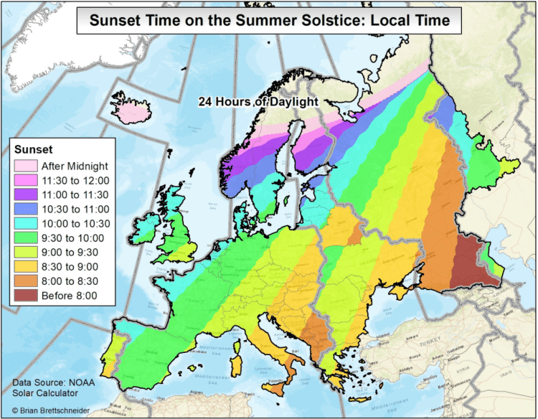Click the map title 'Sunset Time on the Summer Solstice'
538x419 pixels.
tap(269, 20)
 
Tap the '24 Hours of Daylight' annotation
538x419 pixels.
tap(258, 102)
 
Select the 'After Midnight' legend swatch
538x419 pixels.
tap(25, 166)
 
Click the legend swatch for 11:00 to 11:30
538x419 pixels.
tap(25, 194)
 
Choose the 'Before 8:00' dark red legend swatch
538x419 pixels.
tap(25, 295)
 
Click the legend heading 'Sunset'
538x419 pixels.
tap(33, 149)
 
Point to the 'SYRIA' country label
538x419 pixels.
tap(494, 378)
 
